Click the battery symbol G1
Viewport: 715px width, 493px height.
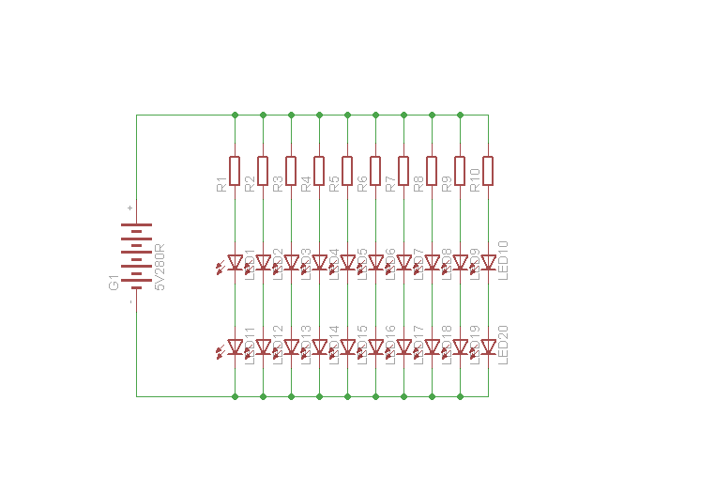point(136,255)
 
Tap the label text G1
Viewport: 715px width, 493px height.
point(114,282)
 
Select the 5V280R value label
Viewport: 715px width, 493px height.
point(160,267)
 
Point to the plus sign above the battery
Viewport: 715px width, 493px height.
point(129,208)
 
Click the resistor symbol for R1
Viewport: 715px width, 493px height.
point(235,171)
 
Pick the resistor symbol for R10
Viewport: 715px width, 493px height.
point(488,171)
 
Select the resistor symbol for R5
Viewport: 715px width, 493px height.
point(347,171)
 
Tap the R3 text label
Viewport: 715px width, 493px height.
point(278,184)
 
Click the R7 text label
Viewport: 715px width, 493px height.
point(390,184)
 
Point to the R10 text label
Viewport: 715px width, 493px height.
point(475,180)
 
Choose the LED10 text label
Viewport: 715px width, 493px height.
point(503,260)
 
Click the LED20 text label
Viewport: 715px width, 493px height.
point(503,345)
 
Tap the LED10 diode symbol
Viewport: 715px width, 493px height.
point(488,263)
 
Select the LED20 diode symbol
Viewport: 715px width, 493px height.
point(488,347)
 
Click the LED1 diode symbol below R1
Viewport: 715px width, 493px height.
point(235,263)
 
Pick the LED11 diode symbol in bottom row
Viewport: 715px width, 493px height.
point(235,347)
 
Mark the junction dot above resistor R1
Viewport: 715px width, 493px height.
point(235,115)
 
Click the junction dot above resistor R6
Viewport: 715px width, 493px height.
point(375,115)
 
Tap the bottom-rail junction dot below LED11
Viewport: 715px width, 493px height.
point(235,396)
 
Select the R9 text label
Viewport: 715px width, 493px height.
point(447,184)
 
